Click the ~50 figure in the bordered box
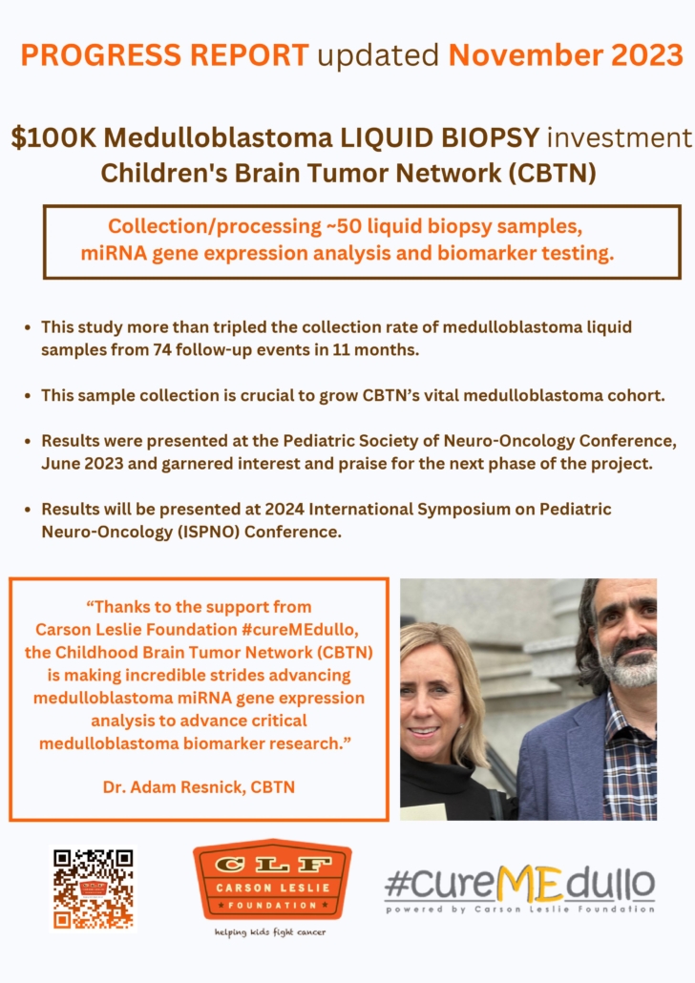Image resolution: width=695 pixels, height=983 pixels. coord(345,225)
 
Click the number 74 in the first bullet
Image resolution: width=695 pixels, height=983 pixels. coord(162,349)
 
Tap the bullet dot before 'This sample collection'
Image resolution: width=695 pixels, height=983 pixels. coord(28,396)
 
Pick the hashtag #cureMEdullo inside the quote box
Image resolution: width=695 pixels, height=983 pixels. coord(300,630)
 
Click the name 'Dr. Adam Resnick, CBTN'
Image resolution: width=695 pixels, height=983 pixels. coord(199,786)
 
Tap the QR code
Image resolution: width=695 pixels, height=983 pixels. coord(93,889)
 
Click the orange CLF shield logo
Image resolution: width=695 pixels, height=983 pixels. coord(272,880)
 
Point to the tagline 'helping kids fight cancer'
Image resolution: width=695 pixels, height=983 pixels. coord(270,932)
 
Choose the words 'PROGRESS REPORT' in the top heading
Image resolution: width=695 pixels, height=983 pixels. coord(164,55)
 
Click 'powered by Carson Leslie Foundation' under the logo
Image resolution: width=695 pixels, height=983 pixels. coord(520,909)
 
